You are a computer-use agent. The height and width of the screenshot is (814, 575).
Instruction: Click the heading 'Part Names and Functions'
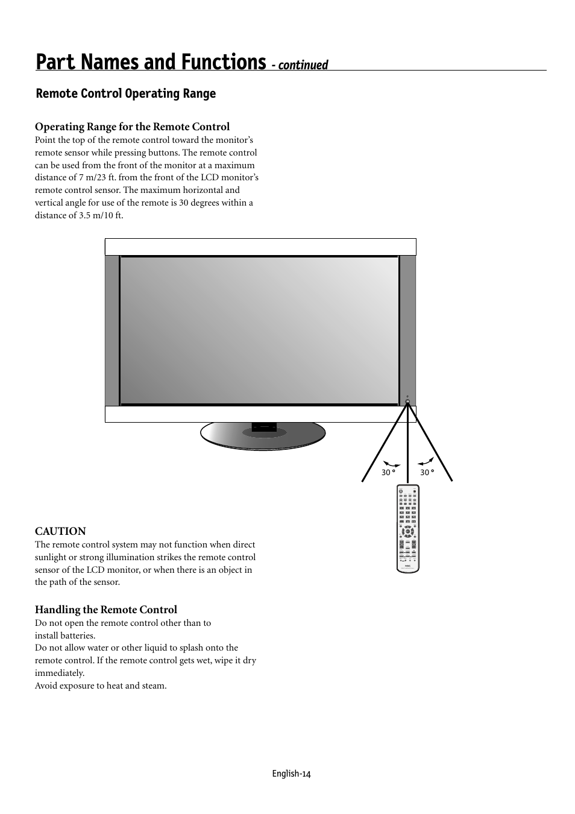(x=150, y=62)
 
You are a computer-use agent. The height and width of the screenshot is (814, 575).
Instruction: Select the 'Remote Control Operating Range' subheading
(x=125, y=93)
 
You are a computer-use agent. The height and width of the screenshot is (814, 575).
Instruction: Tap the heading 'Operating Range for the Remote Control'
(x=132, y=127)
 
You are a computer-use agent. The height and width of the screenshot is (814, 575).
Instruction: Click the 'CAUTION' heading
(x=60, y=531)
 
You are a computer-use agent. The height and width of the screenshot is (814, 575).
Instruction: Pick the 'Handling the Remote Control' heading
(x=106, y=610)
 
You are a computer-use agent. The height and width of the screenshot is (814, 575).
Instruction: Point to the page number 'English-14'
(x=291, y=774)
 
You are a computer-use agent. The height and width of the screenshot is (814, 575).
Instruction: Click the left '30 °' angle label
(x=388, y=473)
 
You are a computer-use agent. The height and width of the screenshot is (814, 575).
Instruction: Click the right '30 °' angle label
(x=427, y=473)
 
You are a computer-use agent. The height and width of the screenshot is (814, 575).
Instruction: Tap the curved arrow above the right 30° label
(x=426, y=462)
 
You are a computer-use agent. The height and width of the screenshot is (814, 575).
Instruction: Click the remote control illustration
(x=408, y=528)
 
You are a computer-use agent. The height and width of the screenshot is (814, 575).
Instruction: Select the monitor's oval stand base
(x=263, y=435)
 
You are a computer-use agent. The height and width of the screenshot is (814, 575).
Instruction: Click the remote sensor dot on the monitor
(x=408, y=402)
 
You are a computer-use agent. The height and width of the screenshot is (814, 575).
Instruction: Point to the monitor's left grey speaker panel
(x=112, y=330)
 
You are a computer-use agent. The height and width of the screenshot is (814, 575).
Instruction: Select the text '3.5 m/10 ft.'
(x=101, y=215)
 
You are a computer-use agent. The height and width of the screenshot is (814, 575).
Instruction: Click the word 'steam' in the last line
(x=152, y=686)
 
